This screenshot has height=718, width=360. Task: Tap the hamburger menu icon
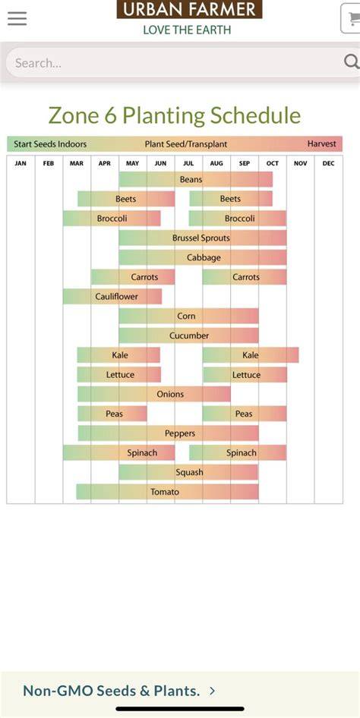[17, 18]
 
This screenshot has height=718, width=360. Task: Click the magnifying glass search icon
[352, 61]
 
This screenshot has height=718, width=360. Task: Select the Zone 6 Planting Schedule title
[175, 115]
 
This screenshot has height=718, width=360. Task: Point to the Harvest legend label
[321, 143]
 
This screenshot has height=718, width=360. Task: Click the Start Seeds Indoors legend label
[50, 143]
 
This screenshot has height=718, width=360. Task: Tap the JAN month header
[21, 163]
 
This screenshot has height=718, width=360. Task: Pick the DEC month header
[328, 163]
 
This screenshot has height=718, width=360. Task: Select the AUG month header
[216, 163]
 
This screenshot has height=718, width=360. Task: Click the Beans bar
[196, 179]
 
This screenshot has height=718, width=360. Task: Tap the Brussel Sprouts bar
[203, 238]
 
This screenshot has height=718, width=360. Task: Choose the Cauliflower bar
[112, 297]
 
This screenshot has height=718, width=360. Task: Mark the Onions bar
[154, 394]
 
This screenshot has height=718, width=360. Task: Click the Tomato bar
[167, 492]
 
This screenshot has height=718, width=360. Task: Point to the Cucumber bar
[188, 335]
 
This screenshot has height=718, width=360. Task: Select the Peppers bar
[168, 433]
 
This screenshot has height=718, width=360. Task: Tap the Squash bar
[188, 472]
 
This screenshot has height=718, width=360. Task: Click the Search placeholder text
[38, 63]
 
